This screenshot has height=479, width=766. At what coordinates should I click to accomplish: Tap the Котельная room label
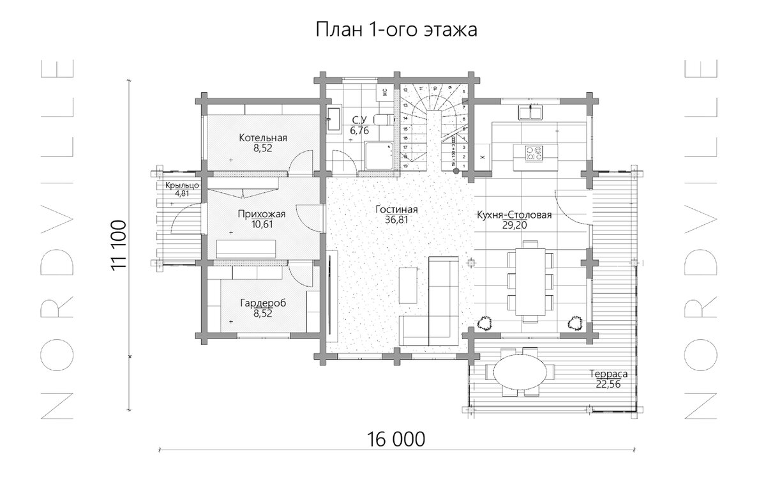point(263,137)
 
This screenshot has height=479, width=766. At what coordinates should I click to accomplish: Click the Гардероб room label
point(263,303)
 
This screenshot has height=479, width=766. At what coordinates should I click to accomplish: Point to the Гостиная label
point(396,209)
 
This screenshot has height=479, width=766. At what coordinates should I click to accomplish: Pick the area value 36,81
point(396,220)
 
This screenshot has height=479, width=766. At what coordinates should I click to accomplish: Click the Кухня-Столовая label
point(514,215)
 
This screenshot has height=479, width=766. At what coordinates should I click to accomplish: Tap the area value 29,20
point(514,225)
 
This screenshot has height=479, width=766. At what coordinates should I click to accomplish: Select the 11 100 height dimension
point(119,246)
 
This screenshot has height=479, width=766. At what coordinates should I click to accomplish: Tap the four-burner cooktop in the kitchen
point(533,153)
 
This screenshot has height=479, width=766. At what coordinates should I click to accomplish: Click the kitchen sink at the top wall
point(530,112)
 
